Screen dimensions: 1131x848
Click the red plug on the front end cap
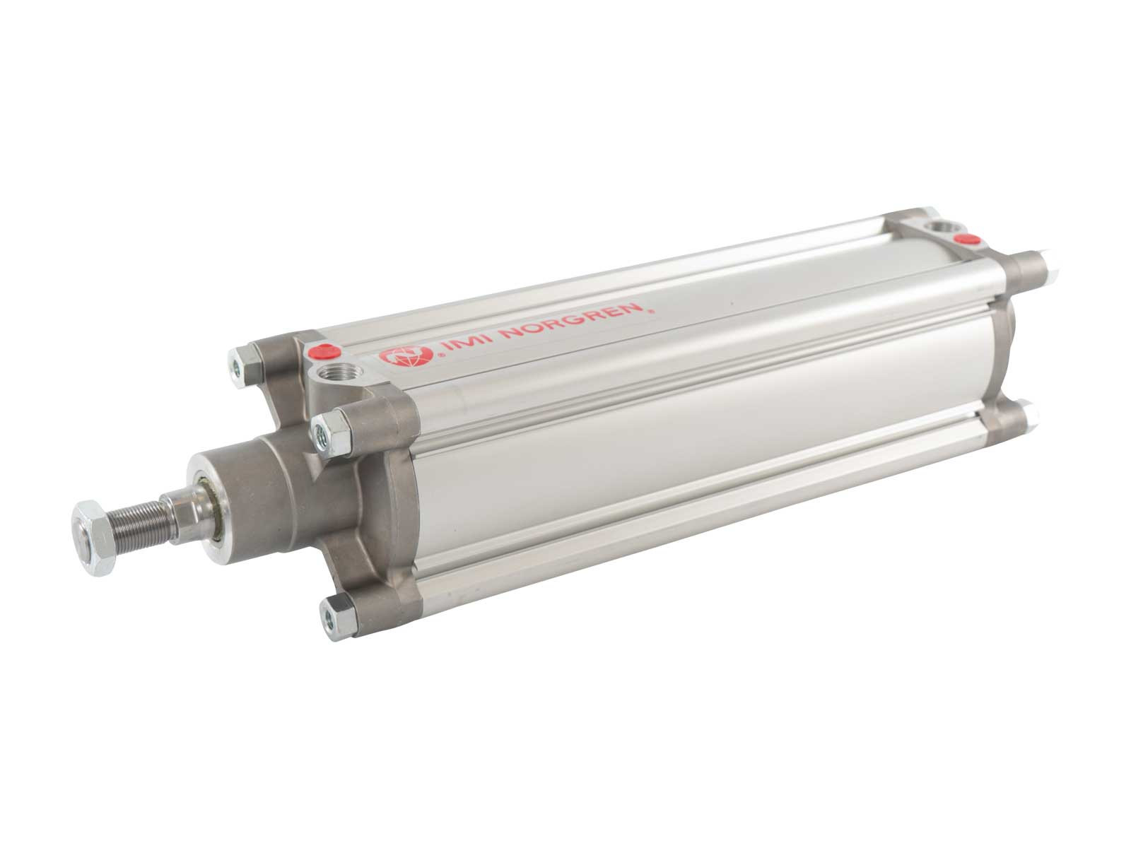324,351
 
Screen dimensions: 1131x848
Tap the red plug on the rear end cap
966,238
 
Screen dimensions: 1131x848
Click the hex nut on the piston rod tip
95,537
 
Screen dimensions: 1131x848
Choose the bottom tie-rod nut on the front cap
337,617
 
